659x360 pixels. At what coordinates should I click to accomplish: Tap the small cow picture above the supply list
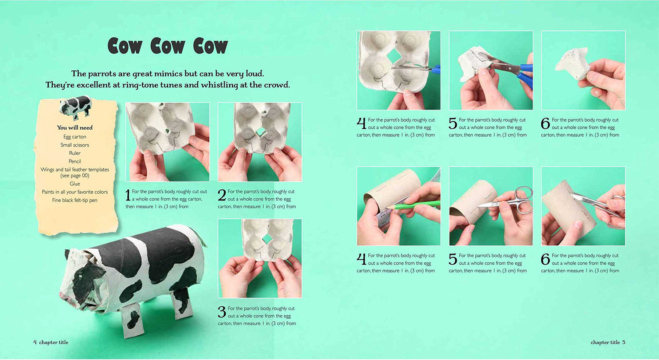click(x=75, y=107)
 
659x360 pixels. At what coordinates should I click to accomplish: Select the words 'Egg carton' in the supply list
click(x=75, y=137)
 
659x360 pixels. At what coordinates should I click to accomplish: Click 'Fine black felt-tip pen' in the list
click(x=75, y=200)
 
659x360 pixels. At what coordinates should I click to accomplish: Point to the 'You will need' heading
click(x=75, y=127)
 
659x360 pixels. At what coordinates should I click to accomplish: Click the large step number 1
click(x=128, y=195)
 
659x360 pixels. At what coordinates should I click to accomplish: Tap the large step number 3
click(x=222, y=312)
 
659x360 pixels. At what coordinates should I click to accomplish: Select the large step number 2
click(x=222, y=195)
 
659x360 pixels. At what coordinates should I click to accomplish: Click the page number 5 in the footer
click(x=624, y=342)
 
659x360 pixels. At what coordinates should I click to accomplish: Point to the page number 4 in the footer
click(x=35, y=342)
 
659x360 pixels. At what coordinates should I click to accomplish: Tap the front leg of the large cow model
click(x=131, y=320)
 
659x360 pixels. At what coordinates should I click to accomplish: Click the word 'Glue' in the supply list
click(x=75, y=184)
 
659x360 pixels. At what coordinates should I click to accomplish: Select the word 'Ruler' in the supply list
click(x=75, y=153)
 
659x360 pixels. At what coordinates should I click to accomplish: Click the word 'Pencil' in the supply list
click(x=75, y=161)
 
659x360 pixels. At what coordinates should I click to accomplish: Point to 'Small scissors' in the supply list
click(x=75, y=145)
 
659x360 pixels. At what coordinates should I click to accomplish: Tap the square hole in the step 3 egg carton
click(x=268, y=238)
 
